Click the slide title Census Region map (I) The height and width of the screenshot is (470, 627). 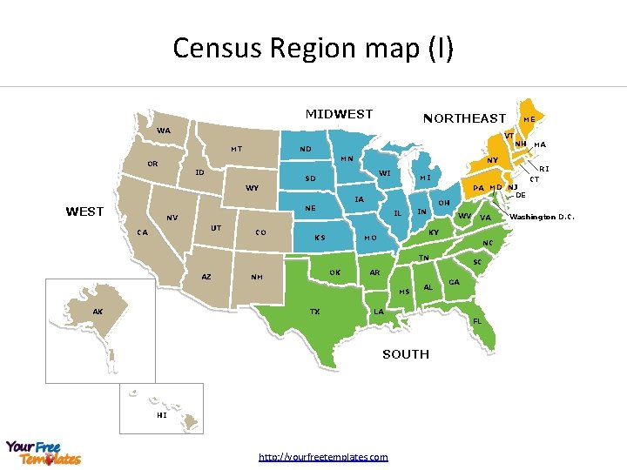[313, 48]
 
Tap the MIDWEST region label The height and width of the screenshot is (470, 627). [339, 114]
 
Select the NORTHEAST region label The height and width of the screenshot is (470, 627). [464, 118]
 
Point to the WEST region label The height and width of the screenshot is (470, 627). [84, 211]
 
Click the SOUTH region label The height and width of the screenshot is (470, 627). [406, 354]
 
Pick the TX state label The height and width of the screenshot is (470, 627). [314, 311]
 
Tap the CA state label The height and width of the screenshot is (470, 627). [143, 232]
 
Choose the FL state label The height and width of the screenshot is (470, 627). [476, 321]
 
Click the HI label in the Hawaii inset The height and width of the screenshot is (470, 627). [162, 415]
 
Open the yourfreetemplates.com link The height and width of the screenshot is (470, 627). [324, 457]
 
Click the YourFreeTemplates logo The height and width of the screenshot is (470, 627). [44, 453]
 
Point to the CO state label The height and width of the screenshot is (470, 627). [260, 232]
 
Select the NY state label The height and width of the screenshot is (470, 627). [492, 160]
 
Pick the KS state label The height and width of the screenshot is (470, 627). [320, 238]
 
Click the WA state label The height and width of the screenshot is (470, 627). [164, 131]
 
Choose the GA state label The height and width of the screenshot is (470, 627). [454, 282]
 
